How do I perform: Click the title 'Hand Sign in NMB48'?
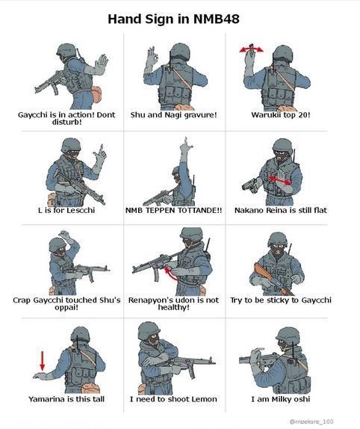click(x=173, y=19)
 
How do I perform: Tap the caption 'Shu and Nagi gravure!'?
click(x=173, y=114)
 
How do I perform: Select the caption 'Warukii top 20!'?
click(x=281, y=114)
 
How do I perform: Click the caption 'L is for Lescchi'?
click(x=66, y=210)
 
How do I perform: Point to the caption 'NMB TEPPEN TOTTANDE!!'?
click(x=173, y=211)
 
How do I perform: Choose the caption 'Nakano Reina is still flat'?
click(x=281, y=210)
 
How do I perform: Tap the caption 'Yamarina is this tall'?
click(x=66, y=399)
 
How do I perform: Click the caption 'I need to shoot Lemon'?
click(x=173, y=399)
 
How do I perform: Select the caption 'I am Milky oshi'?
click(x=281, y=399)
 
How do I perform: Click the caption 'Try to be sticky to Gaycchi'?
click(x=281, y=300)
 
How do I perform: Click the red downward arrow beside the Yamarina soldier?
click(x=43, y=361)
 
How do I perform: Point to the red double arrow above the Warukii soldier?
click(x=251, y=49)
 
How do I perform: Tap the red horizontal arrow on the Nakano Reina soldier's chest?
click(x=279, y=180)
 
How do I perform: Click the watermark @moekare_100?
click(x=311, y=422)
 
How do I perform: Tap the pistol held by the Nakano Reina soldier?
click(x=249, y=185)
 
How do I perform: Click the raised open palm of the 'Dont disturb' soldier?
click(x=102, y=64)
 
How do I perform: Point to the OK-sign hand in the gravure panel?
click(x=152, y=57)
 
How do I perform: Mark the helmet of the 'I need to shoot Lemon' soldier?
click(x=149, y=331)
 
